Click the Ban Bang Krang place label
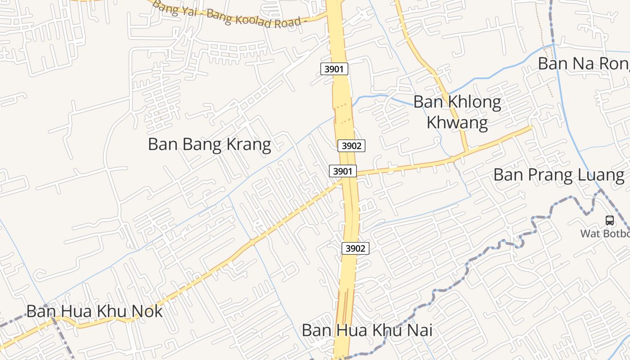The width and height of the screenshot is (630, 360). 209,144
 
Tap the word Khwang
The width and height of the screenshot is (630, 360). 457,122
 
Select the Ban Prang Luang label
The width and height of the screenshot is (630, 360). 559,175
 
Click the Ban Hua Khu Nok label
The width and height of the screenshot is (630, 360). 94,311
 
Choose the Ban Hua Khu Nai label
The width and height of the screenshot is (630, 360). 367,330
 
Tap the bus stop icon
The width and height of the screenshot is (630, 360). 610,220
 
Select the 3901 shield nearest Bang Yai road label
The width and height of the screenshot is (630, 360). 334,69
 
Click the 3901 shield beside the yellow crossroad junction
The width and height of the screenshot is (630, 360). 343,171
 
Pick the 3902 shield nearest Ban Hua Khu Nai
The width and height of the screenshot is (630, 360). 355,248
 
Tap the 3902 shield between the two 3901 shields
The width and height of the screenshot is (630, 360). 351,145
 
